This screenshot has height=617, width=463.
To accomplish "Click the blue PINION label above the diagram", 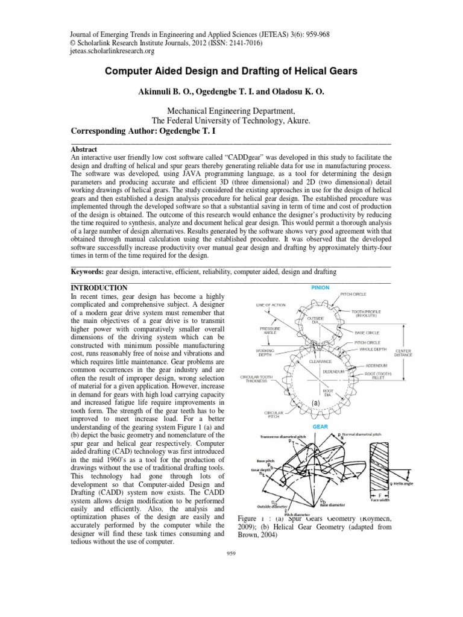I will [320, 288].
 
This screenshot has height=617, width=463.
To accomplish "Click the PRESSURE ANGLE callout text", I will [269, 332].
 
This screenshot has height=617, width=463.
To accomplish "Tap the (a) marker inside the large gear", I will [315, 402].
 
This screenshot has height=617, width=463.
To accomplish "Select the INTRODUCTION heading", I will [99, 288].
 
